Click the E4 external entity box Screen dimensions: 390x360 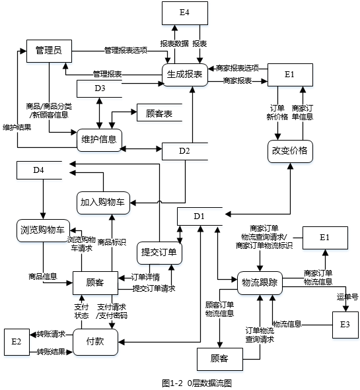[x=186, y=13]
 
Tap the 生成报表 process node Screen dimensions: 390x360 [x=185, y=75]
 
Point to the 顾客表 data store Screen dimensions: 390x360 [x=159, y=114]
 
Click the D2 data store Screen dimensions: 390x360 [x=185, y=151]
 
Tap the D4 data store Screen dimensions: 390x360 [x=39, y=170]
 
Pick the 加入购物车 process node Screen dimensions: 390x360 [x=104, y=201]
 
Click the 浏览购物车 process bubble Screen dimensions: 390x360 [x=42, y=230]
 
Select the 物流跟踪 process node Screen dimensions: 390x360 [x=258, y=282]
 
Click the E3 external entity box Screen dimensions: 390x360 [x=345, y=324]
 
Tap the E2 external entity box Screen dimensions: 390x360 [x=17, y=341]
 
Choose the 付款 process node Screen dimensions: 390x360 [x=96, y=341]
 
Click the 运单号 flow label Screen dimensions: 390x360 [x=347, y=297]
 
